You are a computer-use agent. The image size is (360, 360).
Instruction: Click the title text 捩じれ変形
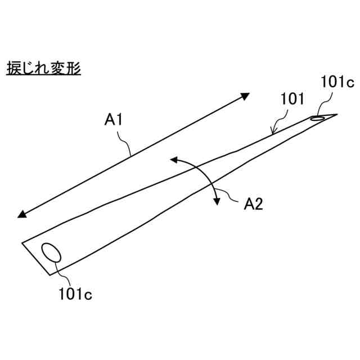(43, 69)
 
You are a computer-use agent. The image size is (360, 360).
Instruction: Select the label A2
(253, 204)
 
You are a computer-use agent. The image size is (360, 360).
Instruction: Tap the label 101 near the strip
(292, 100)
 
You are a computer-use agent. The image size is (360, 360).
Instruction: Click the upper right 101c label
(337, 82)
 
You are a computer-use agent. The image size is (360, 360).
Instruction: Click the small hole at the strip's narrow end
(318, 118)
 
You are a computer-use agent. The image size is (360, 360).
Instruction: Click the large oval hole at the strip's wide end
(52, 251)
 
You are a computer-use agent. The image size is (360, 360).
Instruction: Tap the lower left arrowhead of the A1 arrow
(21, 214)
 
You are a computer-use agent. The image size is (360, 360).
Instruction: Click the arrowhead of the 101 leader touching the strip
(273, 133)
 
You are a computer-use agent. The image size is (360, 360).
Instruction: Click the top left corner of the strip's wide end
(22, 242)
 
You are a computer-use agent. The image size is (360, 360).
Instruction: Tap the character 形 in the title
(75, 69)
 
